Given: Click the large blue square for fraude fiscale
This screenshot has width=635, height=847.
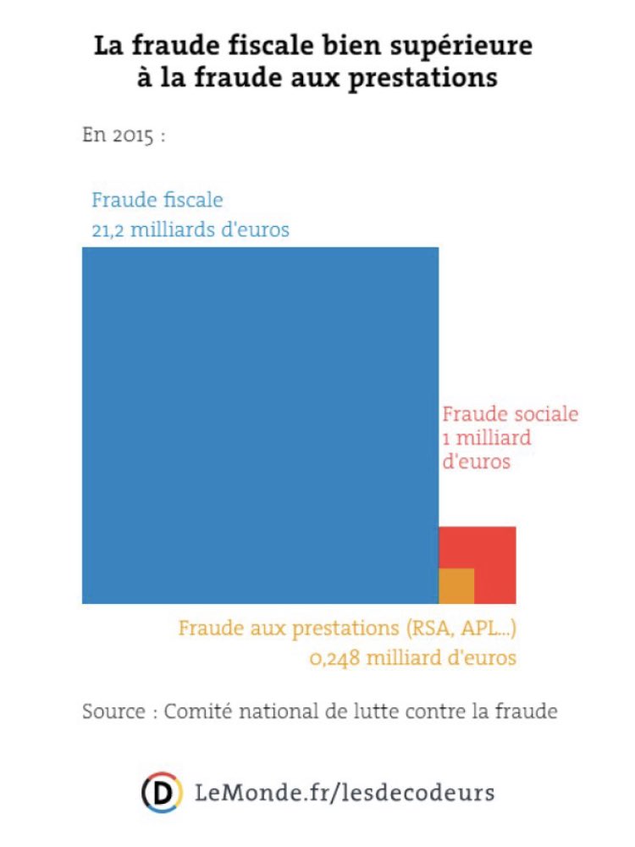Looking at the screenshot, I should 260,424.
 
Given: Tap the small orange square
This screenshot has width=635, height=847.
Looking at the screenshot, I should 456,585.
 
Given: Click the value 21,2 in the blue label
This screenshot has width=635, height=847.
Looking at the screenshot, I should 108,230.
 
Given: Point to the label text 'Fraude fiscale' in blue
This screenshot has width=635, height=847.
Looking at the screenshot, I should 157,201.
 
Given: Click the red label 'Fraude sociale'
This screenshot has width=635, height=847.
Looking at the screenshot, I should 511,414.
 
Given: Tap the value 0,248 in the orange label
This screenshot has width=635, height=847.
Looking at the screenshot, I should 335,658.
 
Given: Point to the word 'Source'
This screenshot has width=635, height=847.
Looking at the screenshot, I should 113,711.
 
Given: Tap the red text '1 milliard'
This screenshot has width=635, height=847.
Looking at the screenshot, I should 487,439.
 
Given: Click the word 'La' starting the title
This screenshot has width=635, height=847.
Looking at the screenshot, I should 107,45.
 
